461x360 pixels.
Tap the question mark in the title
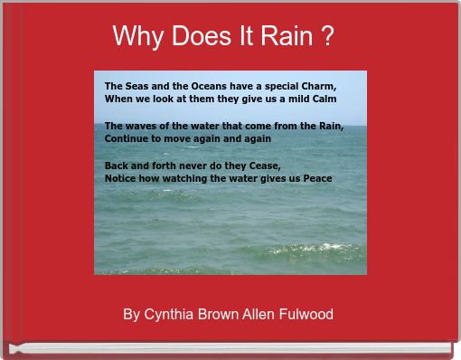pyautogui.click(x=325, y=37)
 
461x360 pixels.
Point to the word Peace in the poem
pyautogui.click(x=317, y=178)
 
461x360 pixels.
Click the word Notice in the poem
pyautogui.click(x=121, y=178)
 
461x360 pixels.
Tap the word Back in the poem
pyautogui.click(x=117, y=166)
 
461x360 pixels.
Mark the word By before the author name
pyautogui.click(x=131, y=315)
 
